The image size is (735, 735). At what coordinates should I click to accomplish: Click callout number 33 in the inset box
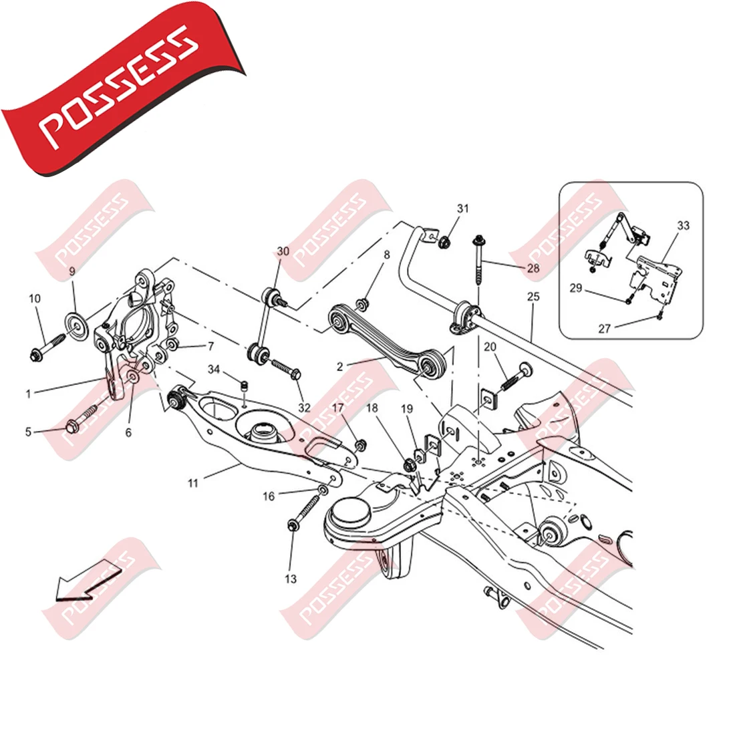[684, 225]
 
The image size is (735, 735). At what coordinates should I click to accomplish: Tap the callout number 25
[533, 296]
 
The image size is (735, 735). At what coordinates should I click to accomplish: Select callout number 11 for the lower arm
[193, 482]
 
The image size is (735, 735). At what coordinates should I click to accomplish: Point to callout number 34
[214, 370]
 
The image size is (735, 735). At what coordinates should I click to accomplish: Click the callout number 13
[291, 579]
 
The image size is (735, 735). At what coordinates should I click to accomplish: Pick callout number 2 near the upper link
[339, 367]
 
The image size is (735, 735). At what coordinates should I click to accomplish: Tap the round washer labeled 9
[76, 325]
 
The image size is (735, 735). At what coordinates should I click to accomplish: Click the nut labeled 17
[360, 445]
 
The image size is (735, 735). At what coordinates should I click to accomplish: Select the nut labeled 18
[408, 466]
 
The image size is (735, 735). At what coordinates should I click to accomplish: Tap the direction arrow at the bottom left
[87, 579]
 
